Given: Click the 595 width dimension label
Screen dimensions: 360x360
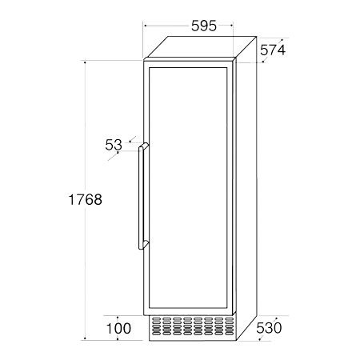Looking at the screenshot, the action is point(204,26).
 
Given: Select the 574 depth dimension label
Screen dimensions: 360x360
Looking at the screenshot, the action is point(273,50).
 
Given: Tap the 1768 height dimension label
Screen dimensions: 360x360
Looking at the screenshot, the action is point(86,199).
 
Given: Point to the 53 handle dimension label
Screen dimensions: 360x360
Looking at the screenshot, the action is point(114,145).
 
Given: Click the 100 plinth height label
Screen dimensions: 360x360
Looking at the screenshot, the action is point(118,329).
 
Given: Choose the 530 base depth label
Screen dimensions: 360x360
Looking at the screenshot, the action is point(269,328).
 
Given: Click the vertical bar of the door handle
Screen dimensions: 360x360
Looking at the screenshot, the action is point(141,198).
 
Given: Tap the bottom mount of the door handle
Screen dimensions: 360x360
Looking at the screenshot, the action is point(144,245).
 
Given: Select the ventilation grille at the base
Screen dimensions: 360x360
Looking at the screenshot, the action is point(193,326).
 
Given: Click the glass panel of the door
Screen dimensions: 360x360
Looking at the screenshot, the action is point(188,188).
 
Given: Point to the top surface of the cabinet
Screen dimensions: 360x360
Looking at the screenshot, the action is point(201,47).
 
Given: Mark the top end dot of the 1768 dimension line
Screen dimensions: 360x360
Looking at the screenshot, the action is point(85,62).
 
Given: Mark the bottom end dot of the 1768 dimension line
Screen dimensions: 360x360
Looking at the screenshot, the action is point(85,338).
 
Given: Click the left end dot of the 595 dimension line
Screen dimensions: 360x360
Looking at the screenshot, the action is point(145,26).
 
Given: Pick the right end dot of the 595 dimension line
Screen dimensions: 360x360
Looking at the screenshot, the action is point(231,26).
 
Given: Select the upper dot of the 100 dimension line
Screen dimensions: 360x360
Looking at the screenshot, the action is point(118,318).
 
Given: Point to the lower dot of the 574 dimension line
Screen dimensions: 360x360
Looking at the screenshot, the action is point(263,62).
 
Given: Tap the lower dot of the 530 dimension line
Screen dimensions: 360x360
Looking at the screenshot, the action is point(260,339).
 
